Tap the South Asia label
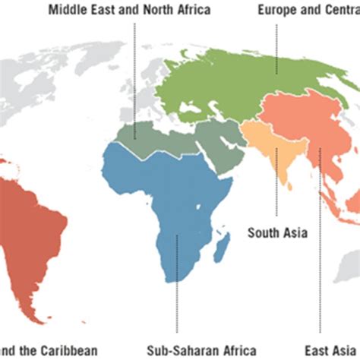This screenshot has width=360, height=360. pos(277,233)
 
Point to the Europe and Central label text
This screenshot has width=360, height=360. pos(308,11)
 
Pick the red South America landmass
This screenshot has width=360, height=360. pos(34,220)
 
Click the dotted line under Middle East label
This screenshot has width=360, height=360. pos(135,76)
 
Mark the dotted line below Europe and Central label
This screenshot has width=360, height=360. pos(276,42)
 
